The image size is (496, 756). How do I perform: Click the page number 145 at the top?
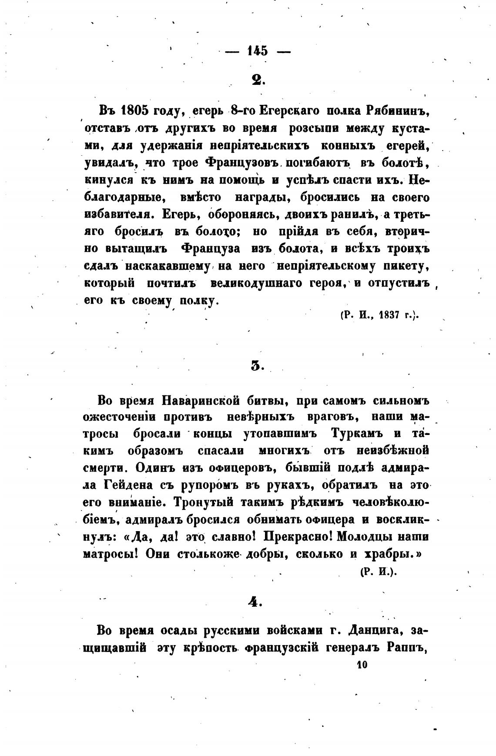click(257, 50)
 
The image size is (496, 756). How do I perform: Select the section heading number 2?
click(257, 80)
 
